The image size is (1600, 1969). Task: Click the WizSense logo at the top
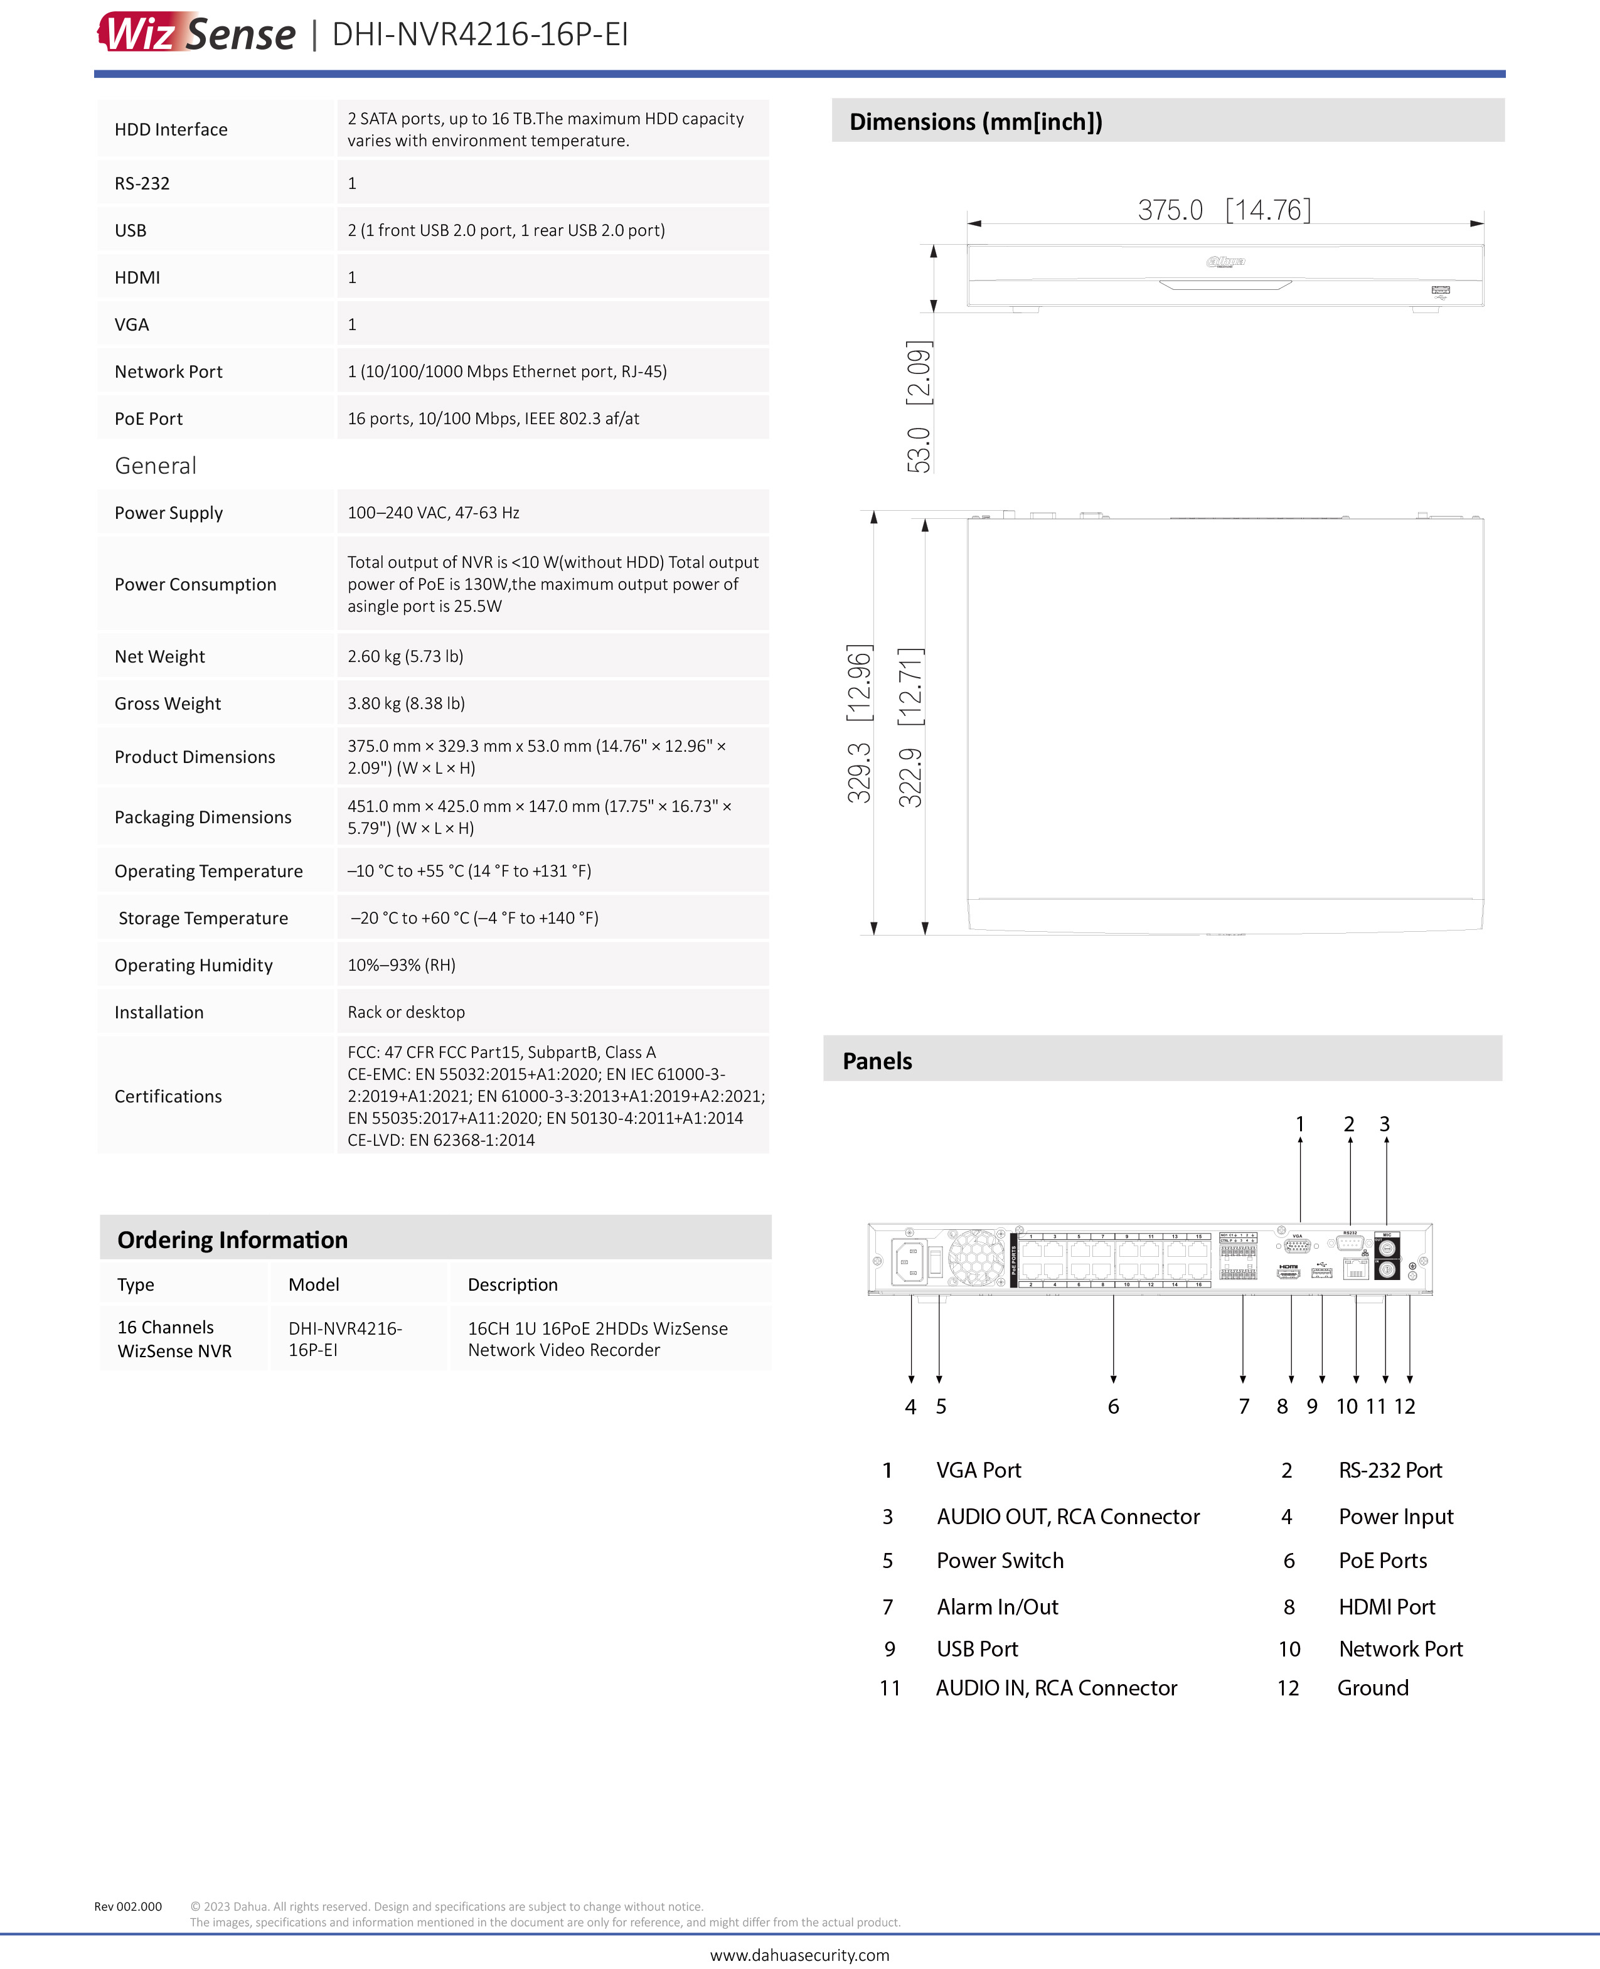[196, 33]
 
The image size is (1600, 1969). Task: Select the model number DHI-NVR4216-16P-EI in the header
[479, 34]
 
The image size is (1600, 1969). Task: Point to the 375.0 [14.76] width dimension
[1224, 210]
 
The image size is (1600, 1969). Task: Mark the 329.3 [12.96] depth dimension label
[859, 723]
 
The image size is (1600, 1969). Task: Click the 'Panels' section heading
[877, 1061]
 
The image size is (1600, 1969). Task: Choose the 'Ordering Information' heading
[232, 1240]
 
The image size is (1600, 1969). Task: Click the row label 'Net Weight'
[159, 656]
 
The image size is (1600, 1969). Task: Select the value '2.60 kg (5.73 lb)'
[405, 656]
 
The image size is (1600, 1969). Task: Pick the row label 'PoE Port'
[148, 419]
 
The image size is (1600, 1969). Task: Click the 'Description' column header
[513, 1285]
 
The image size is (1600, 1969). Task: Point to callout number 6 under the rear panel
[1113, 1406]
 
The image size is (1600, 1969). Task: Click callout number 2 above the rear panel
[1349, 1124]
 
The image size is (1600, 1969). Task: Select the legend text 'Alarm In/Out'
[997, 1607]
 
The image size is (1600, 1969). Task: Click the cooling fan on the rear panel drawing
[976, 1257]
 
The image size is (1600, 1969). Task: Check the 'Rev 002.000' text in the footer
[128, 1906]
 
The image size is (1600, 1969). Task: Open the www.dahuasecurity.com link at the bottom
[800, 1954]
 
